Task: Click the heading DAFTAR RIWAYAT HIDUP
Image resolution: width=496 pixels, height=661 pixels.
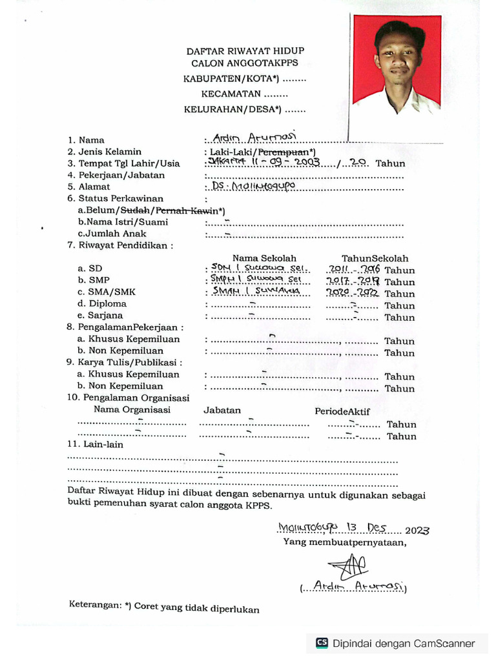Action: [x=245, y=50]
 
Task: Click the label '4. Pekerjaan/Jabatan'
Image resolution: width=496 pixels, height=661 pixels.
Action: [x=116, y=175]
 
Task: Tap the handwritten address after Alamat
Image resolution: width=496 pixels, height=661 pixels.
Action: [x=253, y=187]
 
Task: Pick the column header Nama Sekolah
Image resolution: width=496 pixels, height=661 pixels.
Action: [x=264, y=258]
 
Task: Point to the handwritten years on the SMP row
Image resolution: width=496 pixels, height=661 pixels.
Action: [x=353, y=281]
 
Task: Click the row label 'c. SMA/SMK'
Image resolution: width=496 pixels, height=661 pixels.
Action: [x=107, y=292]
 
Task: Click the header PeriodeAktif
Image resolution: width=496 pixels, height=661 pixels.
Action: [x=342, y=411]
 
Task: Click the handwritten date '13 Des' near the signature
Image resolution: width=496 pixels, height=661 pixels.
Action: [x=366, y=527]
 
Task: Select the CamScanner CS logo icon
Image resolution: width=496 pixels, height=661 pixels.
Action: [x=322, y=643]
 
